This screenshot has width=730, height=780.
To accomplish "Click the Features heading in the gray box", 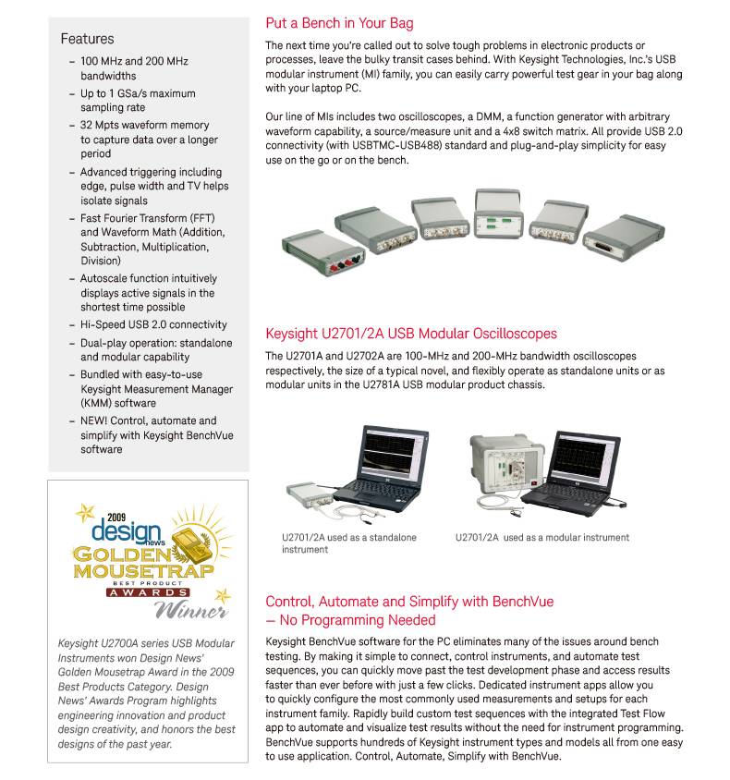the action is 87,39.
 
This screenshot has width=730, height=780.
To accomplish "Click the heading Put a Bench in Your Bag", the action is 339,23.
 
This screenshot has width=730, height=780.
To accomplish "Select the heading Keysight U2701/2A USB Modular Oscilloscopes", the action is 411,334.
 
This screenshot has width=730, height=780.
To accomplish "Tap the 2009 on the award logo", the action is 116,518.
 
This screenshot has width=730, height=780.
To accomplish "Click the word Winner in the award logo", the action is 191,609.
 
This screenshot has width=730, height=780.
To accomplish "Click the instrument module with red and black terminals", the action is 322,252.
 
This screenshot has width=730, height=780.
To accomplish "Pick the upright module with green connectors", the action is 499,213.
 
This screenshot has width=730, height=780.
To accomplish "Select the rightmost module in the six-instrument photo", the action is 624,237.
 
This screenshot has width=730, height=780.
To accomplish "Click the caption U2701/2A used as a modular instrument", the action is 542,537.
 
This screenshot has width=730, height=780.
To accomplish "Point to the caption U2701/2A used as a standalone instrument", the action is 349,543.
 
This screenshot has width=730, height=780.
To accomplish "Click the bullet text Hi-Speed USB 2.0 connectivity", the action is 153,324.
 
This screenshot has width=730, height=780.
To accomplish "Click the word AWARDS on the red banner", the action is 148,592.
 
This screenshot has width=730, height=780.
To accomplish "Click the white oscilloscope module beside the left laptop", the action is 310,494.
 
